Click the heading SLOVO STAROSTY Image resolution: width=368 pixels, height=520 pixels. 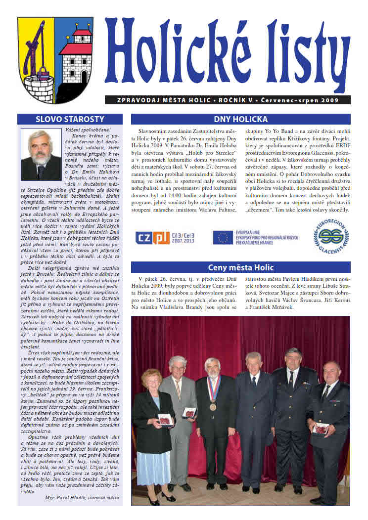[70, 119]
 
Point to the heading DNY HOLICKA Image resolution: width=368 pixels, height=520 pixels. [240, 119]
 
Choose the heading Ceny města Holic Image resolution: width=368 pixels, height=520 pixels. [240, 267]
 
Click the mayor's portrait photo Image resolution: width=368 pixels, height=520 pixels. [41, 155]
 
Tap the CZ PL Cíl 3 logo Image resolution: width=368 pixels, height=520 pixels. [165, 237]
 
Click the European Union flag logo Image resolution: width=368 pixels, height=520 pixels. [223, 237]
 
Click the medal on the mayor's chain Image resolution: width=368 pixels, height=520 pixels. [212, 407]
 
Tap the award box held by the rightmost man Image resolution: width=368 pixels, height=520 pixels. [320, 428]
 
